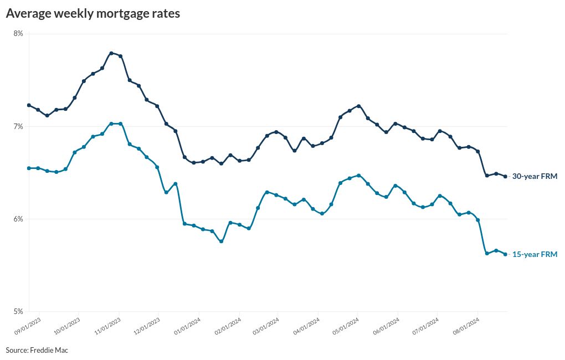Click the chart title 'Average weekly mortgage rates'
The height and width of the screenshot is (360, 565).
coord(93,14)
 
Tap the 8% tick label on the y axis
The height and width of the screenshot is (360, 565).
coord(18,34)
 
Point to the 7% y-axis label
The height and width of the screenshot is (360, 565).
coord(18,127)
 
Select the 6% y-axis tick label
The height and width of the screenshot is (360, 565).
coord(18,219)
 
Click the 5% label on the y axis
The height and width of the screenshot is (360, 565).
coord(18,311)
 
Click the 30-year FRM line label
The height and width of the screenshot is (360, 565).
coord(534,176)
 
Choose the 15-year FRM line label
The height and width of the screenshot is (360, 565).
coord(534,254)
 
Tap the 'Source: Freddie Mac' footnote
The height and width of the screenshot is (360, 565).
coord(37,350)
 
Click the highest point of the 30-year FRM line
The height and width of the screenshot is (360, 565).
coord(111,53)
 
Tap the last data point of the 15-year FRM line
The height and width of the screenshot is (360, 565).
coord(505,254)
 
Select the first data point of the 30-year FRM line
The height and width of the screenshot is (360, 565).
coord(29,105)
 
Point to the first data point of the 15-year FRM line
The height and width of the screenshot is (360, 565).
coord(29,168)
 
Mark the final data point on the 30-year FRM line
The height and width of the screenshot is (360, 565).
coord(505,177)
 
